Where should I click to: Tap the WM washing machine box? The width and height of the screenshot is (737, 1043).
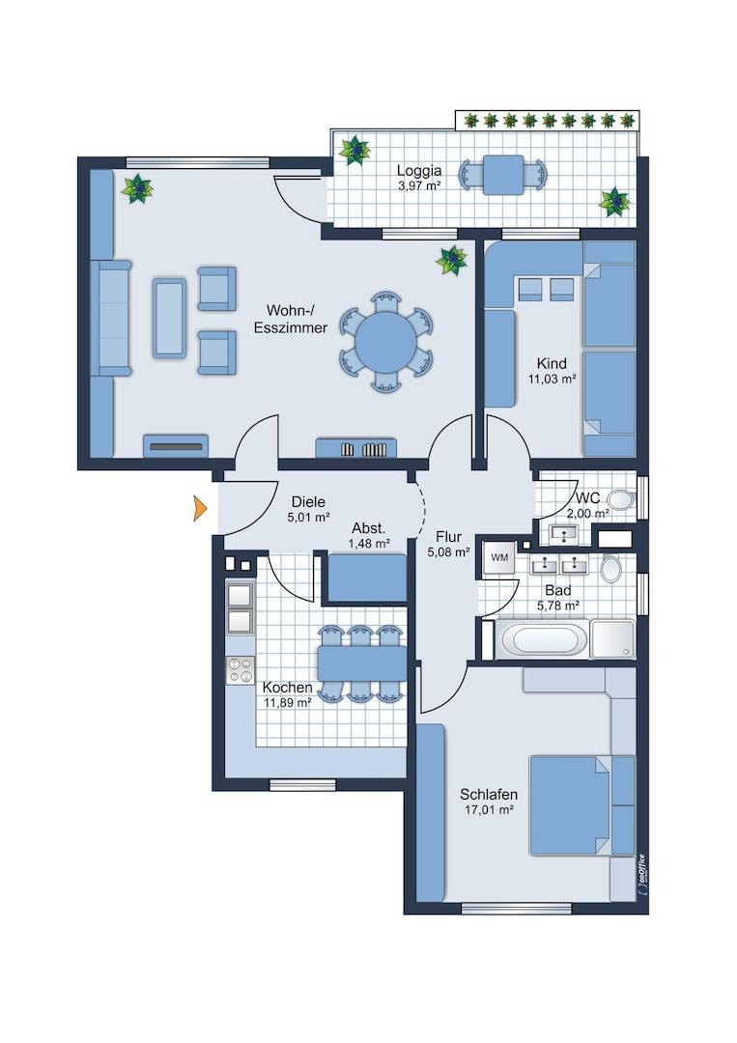[499, 558]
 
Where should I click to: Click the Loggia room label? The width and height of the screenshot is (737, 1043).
[419, 171]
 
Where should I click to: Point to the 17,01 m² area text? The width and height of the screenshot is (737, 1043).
[489, 810]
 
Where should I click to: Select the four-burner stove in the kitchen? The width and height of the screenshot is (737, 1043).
[241, 670]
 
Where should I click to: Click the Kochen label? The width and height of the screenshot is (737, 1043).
[287, 688]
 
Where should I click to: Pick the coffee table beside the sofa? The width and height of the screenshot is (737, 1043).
[169, 318]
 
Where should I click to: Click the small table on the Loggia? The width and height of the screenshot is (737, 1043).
[503, 175]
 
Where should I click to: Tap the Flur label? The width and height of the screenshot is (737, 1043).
[449, 537]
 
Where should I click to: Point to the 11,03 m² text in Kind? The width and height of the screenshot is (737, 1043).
[553, 380]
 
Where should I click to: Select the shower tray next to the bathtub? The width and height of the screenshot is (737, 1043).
[612, 640]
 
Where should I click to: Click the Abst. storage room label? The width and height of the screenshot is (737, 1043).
[369, 529]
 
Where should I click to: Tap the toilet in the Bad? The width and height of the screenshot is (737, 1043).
[610, 569]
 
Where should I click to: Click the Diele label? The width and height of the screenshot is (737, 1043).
[309, 503]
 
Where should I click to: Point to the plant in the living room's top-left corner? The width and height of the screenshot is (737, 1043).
[138, 189]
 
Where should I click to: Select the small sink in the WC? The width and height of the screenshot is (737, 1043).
[565, 533]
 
